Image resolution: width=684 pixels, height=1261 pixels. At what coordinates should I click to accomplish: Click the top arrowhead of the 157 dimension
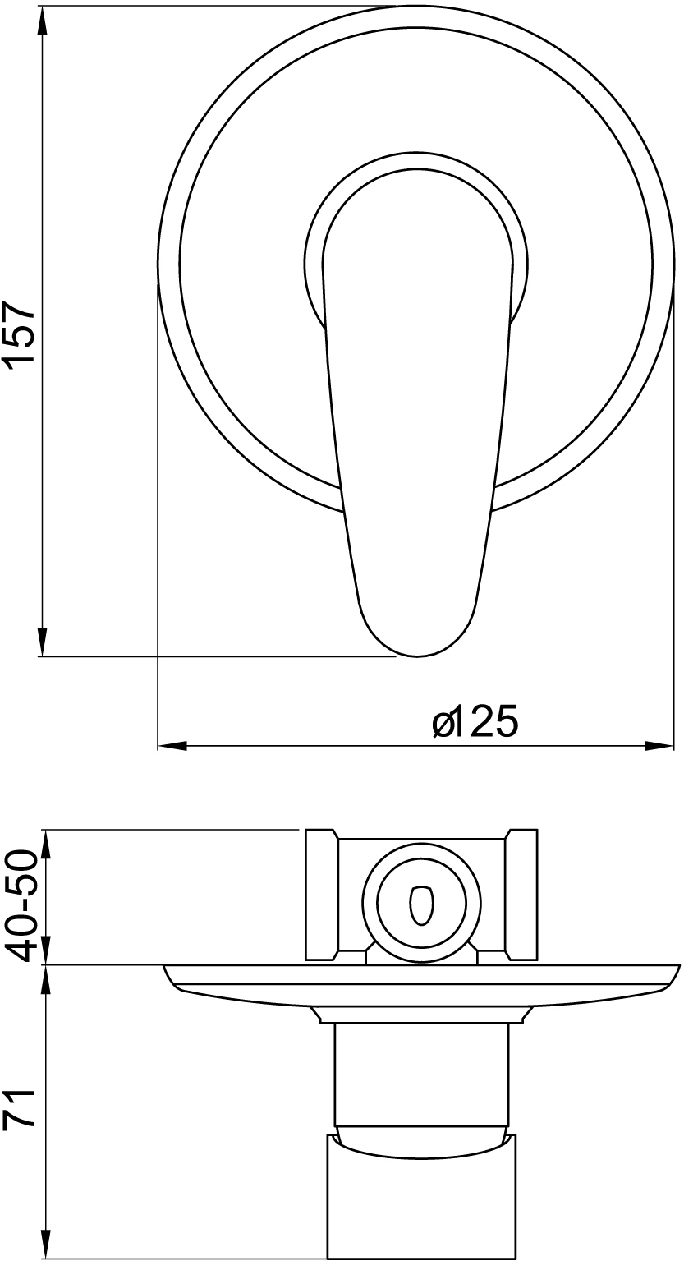point(42,21)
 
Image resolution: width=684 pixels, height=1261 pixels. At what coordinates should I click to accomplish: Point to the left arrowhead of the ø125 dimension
point(172,747)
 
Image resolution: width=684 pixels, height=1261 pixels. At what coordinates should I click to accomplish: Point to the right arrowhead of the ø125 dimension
point(659,747)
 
